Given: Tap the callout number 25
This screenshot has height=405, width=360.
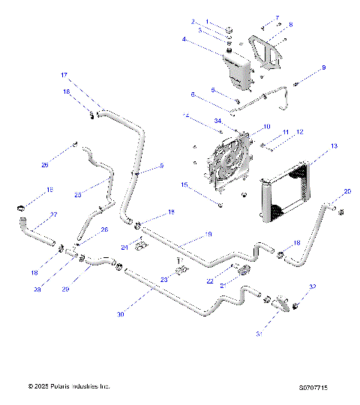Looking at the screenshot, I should click(77, 193).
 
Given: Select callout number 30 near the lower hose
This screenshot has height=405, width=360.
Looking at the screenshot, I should click(119, 314).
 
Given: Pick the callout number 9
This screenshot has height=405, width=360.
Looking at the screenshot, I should click(323, 68).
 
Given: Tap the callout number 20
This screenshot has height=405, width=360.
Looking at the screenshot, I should click(347, 192).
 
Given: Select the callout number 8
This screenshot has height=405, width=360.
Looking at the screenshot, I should click(290, 25).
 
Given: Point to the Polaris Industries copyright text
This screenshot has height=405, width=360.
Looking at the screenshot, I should click(69, 387).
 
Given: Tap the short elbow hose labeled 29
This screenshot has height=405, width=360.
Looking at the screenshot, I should click(100, 262).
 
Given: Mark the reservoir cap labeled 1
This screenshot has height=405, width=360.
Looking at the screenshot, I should click(226, 30).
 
